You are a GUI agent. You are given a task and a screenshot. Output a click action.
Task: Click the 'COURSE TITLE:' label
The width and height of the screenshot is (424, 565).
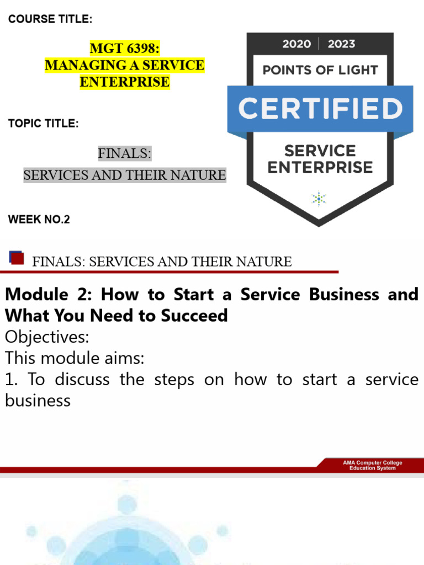50,20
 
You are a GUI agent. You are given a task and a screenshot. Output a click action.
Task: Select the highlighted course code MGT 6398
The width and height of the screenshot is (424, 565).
124,49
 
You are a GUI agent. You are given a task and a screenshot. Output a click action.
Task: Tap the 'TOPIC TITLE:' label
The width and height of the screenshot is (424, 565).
44,123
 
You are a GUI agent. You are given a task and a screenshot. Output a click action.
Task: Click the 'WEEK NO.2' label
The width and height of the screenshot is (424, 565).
39,220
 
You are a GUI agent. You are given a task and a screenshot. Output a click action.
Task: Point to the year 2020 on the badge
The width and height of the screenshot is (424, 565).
296,44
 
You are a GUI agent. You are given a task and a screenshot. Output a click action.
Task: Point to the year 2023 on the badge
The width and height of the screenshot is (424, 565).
342,44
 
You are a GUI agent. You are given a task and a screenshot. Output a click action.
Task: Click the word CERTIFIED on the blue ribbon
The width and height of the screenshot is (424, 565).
320,109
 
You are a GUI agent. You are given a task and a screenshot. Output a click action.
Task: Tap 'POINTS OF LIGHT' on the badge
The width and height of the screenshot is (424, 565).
320,70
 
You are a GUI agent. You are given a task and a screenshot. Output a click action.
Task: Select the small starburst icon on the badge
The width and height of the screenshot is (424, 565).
319,198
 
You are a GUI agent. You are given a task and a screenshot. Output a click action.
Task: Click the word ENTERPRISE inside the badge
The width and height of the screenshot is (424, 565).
320,167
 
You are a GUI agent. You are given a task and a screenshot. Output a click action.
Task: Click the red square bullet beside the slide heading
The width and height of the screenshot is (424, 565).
17,258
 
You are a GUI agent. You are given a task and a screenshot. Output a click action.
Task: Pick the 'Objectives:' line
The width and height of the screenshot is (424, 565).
47,337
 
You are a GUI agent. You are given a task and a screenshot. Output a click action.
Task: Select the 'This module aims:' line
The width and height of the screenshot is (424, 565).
75,358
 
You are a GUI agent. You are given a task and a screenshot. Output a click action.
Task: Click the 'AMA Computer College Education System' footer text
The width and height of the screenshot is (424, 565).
373,465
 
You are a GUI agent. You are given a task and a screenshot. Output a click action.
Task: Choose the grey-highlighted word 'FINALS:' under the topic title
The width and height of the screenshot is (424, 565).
124,153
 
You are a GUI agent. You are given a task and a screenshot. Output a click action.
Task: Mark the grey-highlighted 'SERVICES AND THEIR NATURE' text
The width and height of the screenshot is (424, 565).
124,175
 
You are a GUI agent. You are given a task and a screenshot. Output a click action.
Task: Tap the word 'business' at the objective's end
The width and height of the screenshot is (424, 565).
38,401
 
